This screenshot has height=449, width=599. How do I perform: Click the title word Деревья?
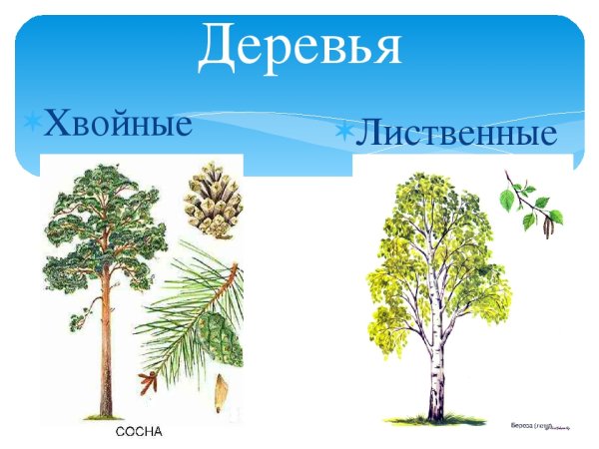(299, 45)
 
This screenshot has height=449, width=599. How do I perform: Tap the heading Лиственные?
(455, 133)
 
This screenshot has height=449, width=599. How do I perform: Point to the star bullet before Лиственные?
(344, 131)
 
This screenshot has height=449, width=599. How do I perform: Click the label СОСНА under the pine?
(139, 432)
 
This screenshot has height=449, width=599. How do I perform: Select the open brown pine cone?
(212, 201)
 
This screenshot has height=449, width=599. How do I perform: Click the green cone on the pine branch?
(222, 338)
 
